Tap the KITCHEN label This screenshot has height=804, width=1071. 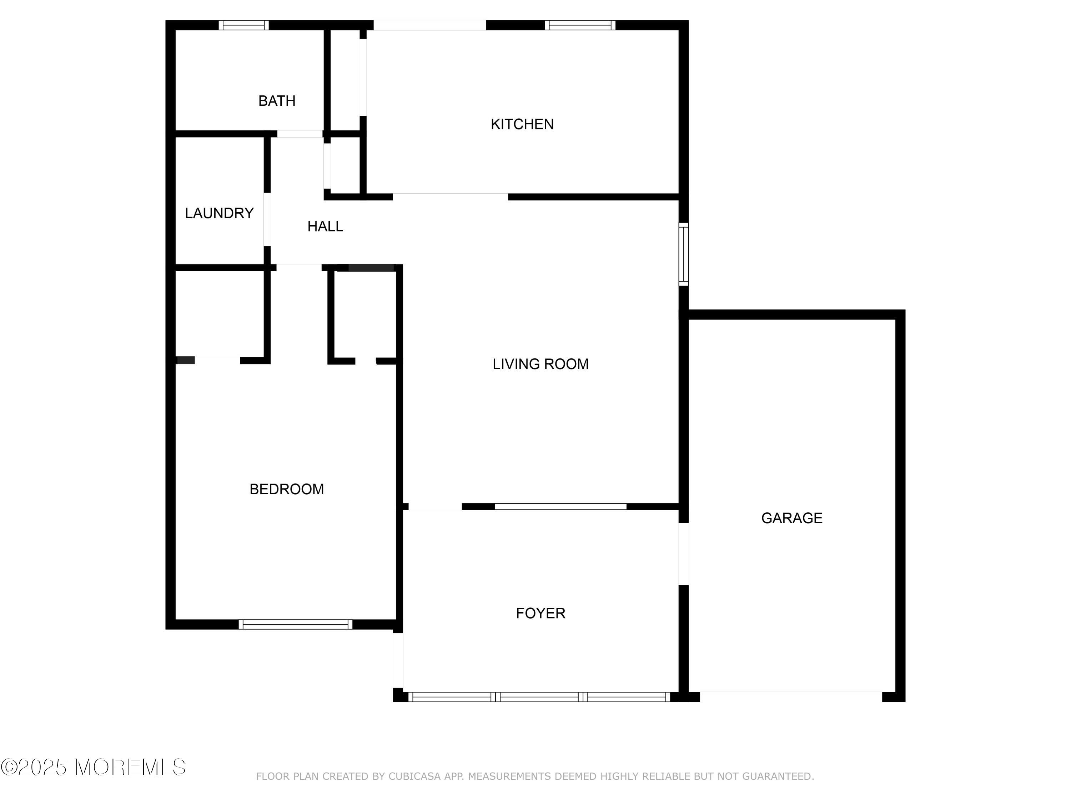click(522, 124)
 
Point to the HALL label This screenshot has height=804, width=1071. click(325, 226)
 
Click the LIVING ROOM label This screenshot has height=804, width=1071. click(540, 364)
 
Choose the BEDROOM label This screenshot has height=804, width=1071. click(287, 489)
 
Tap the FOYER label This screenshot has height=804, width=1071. click(540, 613)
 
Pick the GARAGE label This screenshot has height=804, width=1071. click(791, 518)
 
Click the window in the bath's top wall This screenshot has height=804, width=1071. click(243, 25)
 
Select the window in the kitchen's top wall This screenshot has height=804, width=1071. click(580, 25)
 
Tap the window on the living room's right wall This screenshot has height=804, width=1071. click(683, 254)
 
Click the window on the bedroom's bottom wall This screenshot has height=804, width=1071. click(295, 624)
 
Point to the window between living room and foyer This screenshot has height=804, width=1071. click(560, 506)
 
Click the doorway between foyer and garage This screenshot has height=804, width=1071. click(683, 554)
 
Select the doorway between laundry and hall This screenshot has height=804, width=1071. click(267, 219)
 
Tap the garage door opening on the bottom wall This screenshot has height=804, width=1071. click(791, 696)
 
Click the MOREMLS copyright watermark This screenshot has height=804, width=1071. click(93, 767)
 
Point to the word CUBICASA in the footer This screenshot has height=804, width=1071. click(415, 776)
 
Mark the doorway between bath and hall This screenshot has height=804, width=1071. click(300, 134)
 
